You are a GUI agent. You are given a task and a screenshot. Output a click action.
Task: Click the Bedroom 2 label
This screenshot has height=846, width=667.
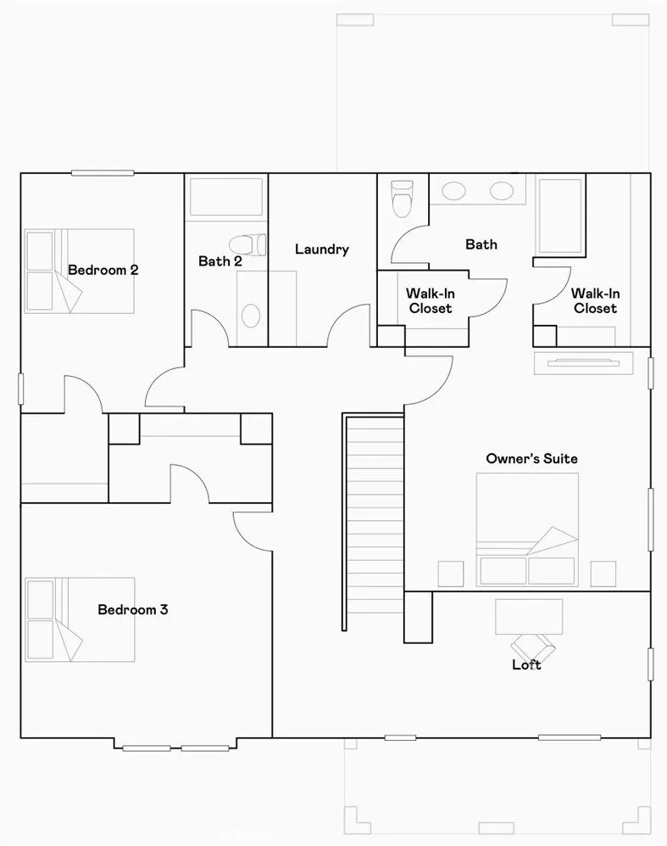click(103, 271)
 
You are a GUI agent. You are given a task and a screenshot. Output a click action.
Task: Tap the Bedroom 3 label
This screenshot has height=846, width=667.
click(132, 609)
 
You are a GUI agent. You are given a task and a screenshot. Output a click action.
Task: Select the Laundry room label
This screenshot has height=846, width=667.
click(322, 249)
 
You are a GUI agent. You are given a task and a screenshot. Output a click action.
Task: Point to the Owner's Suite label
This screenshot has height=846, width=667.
click(531, 458)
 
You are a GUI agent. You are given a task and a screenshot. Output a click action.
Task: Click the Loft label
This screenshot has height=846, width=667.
click(525, 664)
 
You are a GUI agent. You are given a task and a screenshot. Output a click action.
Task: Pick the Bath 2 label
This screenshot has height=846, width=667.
click(220, 261)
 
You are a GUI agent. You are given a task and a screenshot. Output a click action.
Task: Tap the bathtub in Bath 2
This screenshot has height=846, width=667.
click(226, 196)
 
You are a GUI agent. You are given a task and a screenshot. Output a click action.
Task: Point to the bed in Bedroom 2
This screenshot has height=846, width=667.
click(80, 271)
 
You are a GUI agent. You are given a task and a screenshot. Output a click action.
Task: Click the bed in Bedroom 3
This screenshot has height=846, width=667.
click(80, 619)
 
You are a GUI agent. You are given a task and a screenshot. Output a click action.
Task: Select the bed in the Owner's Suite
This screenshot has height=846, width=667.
click(527, 529)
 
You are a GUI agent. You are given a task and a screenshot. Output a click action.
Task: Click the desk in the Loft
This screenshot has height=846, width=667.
click(528, 614)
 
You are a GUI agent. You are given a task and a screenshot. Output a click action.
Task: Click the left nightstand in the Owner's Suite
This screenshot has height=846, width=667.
click(450, 574)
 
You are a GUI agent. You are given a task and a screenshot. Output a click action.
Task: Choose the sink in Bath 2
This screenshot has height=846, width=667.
click(251, 316)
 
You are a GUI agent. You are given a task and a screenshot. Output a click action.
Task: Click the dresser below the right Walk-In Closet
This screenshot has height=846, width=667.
click(582, 363)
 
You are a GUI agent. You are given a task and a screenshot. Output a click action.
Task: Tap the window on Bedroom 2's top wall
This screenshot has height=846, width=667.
click(103, 173)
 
